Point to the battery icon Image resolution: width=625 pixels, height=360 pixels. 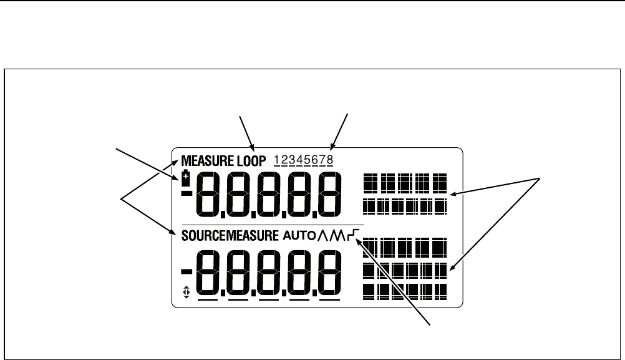point(185,176)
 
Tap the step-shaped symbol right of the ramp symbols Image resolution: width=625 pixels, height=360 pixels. point(356,235)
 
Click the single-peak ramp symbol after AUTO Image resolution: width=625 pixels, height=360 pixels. point(324,235)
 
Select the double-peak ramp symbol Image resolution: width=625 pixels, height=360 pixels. point(340,235)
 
